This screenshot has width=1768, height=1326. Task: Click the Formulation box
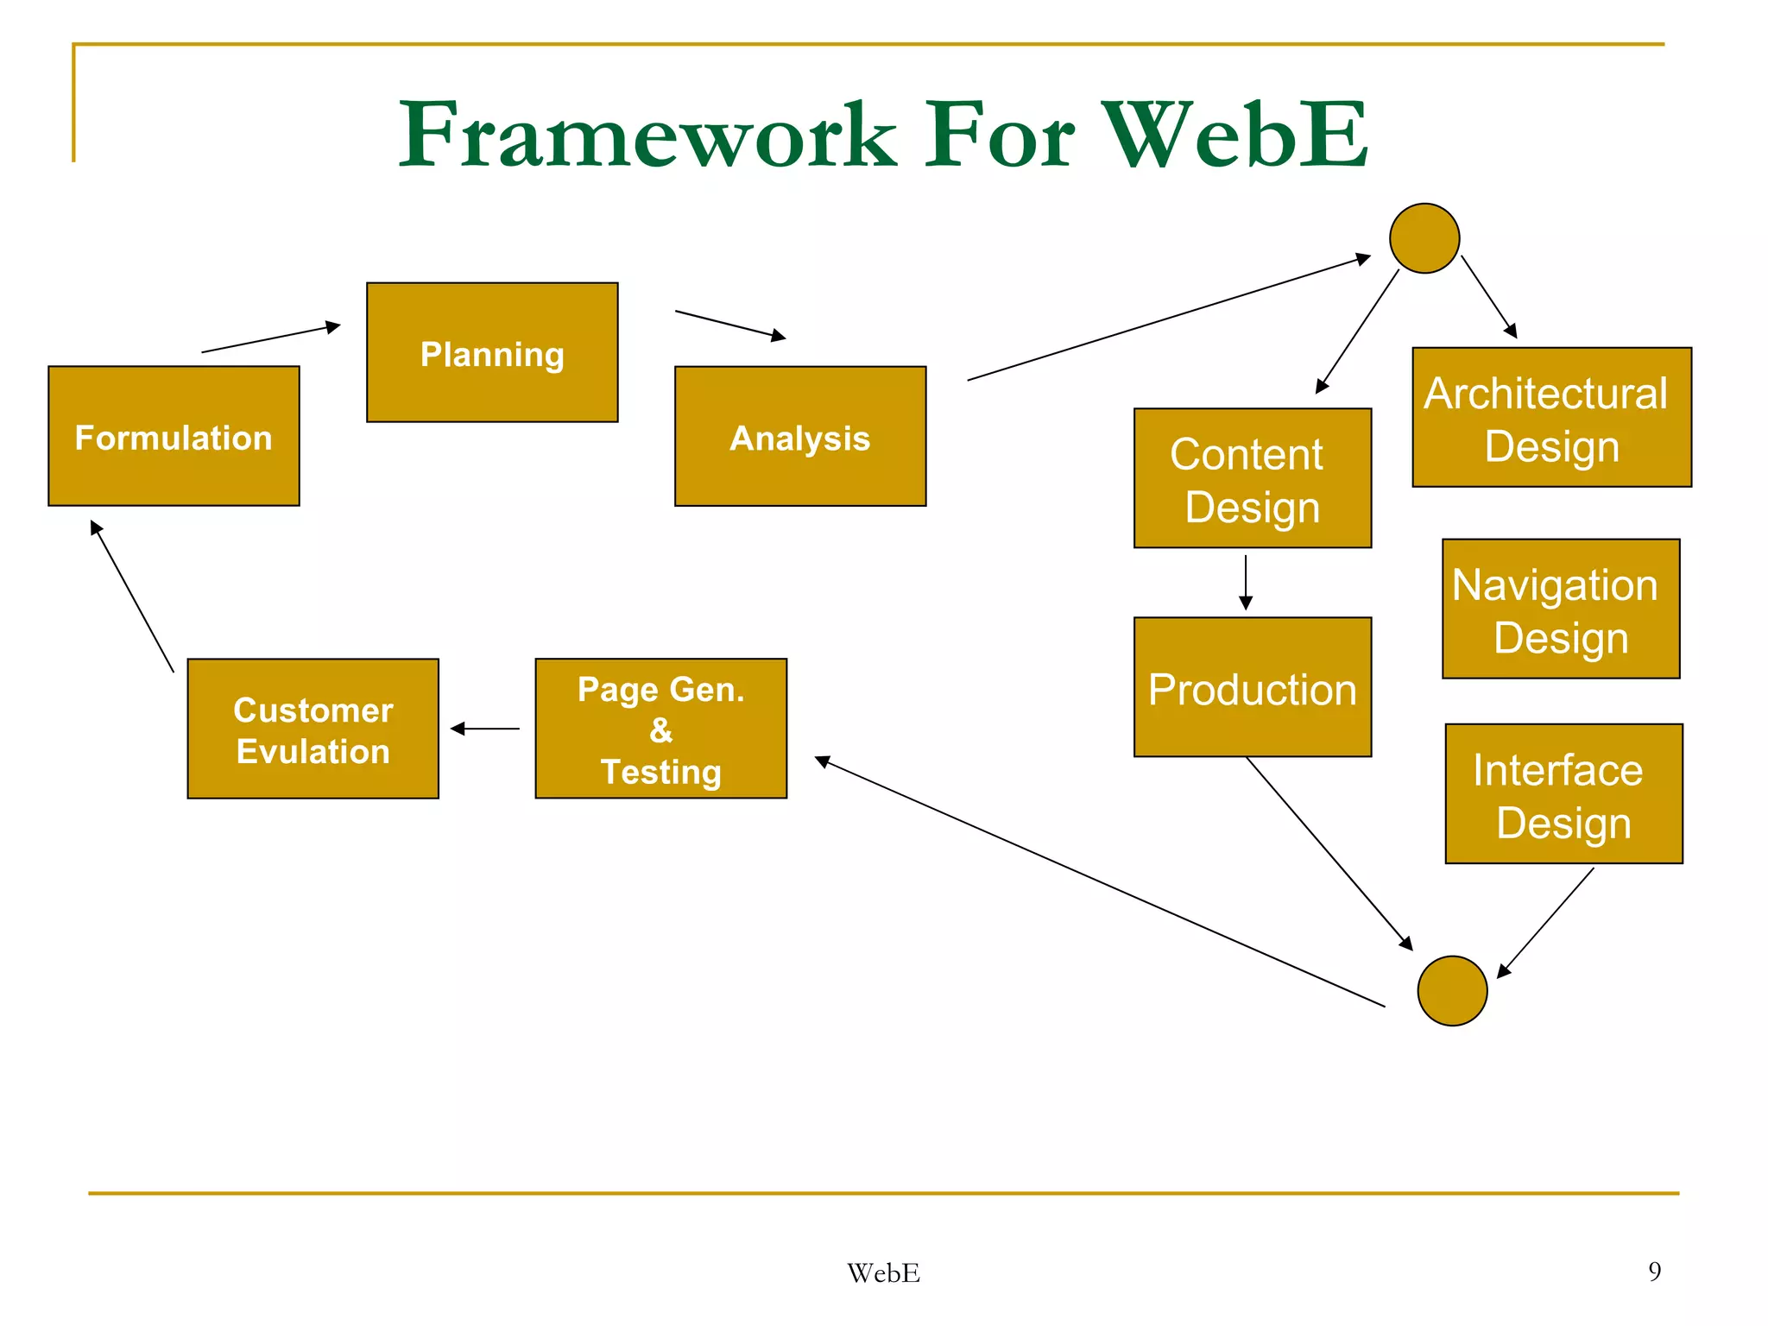(174, 436)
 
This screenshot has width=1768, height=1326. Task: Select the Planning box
(492, 352)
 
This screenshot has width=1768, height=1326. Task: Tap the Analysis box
(800, 436)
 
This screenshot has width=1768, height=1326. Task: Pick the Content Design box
(1253, 478)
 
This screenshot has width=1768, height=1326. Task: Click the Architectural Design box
(1551, 418)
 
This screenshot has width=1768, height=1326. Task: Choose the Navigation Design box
(1561, 609)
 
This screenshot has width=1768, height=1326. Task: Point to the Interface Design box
(1563, 793)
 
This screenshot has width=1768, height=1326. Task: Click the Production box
(1253, 687)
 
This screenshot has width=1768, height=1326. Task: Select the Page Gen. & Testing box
(660, 729)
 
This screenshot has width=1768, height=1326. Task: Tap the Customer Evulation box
(313, 729)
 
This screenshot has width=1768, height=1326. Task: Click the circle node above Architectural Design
(1424, 238)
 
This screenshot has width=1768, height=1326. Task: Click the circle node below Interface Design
(1452, 991)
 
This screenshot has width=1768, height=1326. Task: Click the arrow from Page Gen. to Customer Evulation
(485, 729)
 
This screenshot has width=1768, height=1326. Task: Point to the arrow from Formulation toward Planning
(271, 338)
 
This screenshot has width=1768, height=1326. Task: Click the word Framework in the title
(647, 136)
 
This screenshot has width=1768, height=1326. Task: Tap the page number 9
(1654, 1271)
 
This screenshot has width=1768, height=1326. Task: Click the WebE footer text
(883, 1273)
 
